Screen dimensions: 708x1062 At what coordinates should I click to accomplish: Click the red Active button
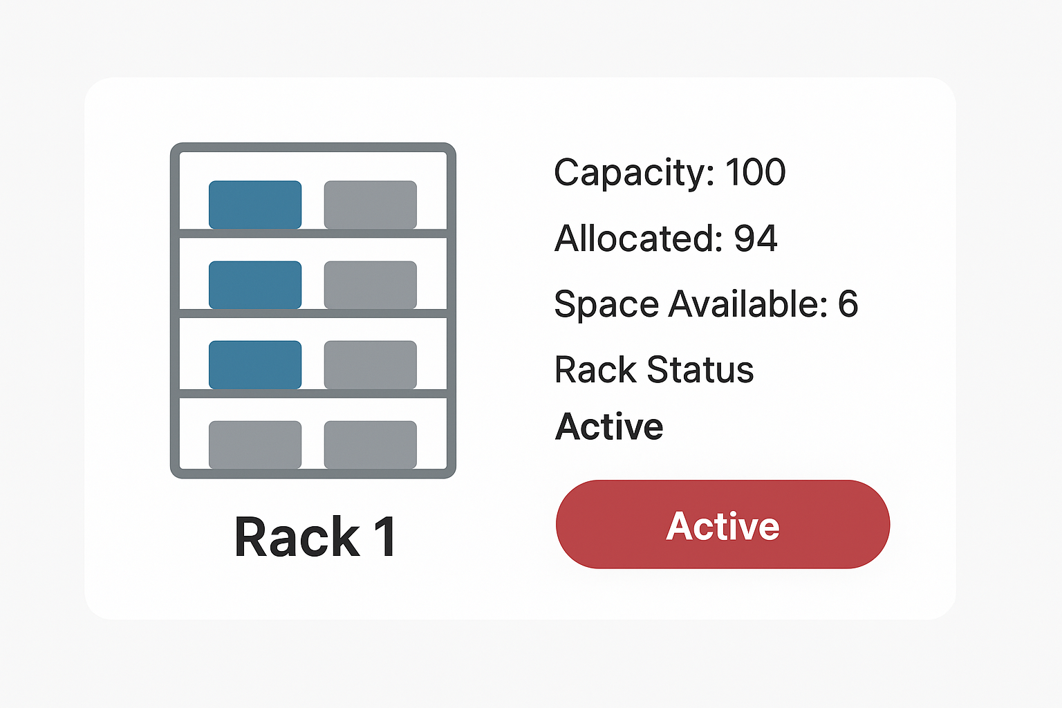pyautogui.click(x=723, y=525)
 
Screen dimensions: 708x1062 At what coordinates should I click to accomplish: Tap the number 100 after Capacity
pyautogui.click(x=755, y=172)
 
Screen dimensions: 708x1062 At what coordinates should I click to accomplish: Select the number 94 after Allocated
pyautogui.click(x=755, y=239)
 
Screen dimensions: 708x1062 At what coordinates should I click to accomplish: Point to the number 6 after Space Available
pyautogui.click(x=848, y=304)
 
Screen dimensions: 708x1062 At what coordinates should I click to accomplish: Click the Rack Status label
pyautogui.click(x=654, y=370)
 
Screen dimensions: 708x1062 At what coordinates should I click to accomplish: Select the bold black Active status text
pyautogui.click(x=609, y=427)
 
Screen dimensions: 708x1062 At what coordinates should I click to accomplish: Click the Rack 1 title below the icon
pyautogui.click(x=315, y=537)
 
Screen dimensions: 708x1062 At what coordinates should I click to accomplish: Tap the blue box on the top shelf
pyautogui.click(x=255, y=205)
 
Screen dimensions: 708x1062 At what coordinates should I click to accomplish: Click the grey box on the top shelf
pyautogui.click(x=371, y=205)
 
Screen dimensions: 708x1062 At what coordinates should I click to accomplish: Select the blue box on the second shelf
pyautogui.click(x=255, y=285)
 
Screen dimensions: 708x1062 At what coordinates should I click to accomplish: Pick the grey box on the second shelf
pyautogui.click(x=371, y=285)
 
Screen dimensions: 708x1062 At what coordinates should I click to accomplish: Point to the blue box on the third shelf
pyautogui.click(x=255, y=364)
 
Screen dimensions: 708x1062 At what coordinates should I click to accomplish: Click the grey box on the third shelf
pyautogui.click(x=371, y=364)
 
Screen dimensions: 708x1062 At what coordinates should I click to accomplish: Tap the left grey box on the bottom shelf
pyautogui.click(x=255, y=444)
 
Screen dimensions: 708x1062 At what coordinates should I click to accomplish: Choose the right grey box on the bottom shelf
pyautogui.click(x=371, y=444)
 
